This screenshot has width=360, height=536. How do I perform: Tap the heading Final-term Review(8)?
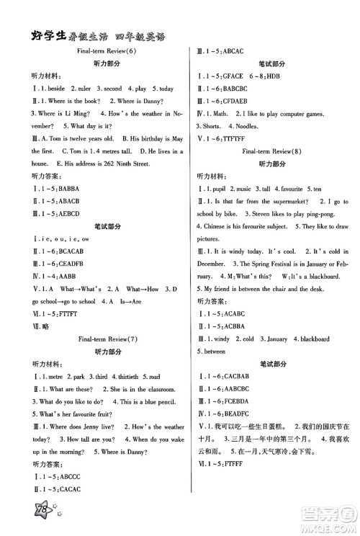pos(271,153)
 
